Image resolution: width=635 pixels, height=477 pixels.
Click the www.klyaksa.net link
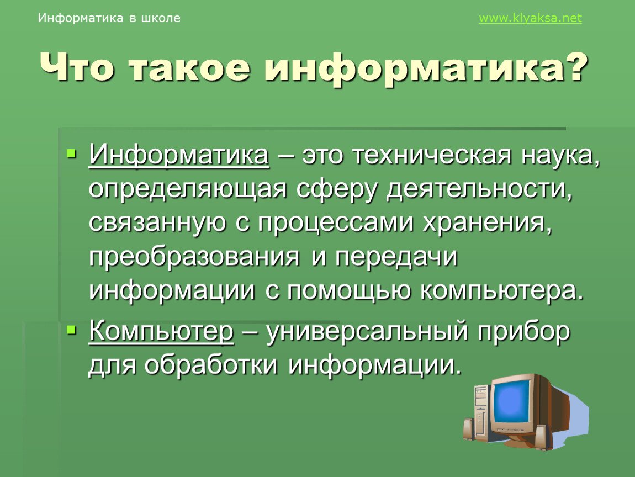click(x=530, y=18)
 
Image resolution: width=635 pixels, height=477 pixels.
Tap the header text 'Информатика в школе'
click(x=109, y=18)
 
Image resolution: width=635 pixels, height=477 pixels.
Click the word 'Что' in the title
click(x=77, y=67)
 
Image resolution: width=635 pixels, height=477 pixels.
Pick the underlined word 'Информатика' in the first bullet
click(x=178, y=154)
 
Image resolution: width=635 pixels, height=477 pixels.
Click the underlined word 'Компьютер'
click(x=161, y=332)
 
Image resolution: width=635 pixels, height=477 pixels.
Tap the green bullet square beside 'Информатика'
click(x=71, y=153)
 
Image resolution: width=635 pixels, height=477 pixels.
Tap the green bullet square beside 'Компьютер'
click(x=71, y=330)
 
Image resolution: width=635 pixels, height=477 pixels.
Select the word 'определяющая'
click(x=188, y=190)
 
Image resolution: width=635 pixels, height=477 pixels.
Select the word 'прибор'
click(x=525, y=332)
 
